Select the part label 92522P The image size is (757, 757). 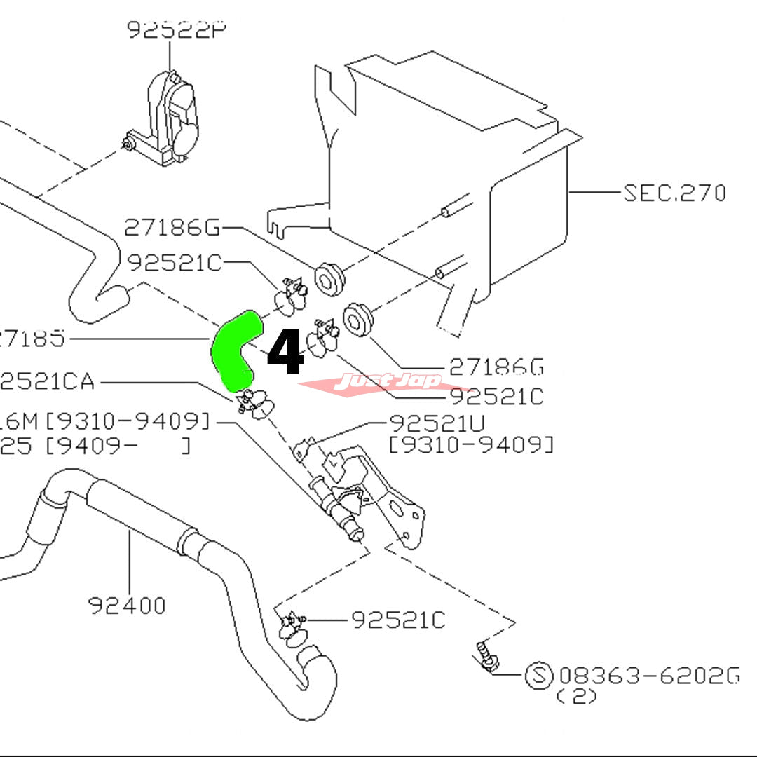170,29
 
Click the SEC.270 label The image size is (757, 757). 674,193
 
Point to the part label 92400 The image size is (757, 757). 127,604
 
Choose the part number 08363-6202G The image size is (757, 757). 649,676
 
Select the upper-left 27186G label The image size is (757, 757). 172,227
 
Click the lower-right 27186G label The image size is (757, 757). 496,367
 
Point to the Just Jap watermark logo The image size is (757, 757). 388,381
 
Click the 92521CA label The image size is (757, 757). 47,383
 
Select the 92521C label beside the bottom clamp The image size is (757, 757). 397,620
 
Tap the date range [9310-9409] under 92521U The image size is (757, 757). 471,444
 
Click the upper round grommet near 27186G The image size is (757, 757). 327,278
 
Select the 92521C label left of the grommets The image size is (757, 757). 174,263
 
